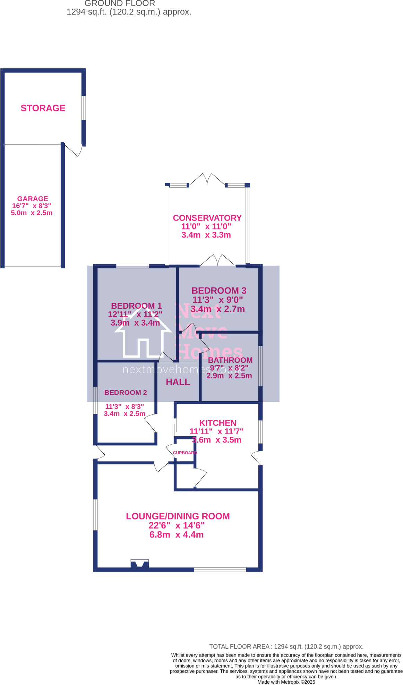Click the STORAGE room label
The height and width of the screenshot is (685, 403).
[x=43, y=108]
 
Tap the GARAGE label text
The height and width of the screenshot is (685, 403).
[x=33, y=199]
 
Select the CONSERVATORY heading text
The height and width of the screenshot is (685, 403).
[x=207, y=218]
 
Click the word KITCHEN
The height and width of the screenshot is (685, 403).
[x=217, y=423]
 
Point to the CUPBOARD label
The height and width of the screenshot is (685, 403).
[x=185, y=453]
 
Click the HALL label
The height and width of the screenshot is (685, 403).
[x=178, y=382]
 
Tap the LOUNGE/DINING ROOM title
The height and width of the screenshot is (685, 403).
[x=178, y=516]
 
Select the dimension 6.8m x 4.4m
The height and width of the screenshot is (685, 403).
[x=176, y=535]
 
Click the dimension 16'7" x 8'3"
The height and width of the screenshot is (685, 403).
[x=32, y=206]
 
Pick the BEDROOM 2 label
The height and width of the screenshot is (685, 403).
[x=126, y=393]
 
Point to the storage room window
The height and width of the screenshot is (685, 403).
[x=84, y=108]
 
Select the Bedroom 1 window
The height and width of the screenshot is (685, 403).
[x=132, y=266]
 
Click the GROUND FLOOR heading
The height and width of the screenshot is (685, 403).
[x=120, y=4]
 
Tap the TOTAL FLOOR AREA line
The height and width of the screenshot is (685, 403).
[x=286, y=647]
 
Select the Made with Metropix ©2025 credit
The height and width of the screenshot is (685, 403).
[x=286, y=682]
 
